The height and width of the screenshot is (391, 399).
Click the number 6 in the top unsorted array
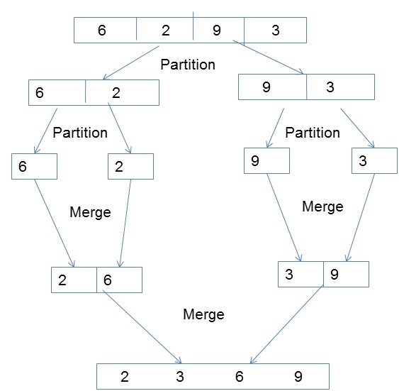tap(101, 30)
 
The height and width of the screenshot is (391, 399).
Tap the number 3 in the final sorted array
tap(180, 376)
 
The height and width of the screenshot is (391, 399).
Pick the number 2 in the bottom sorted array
tap(125, 376)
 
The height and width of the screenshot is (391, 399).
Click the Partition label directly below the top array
tap(187, 65)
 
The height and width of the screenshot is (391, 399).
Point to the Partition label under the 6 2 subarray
tap(80, 133)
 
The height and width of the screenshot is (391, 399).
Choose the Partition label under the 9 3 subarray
tap(312, 133)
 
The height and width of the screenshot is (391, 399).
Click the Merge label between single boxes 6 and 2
tap(91, 212)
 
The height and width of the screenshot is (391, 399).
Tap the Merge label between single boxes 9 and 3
tap(322, 206)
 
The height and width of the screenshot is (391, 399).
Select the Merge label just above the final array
tap(203, 314)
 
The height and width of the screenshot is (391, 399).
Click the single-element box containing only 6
tap(34, 166)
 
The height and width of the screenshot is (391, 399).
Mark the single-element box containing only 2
tap(130, 166)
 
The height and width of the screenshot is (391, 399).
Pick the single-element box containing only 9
tap(266, 160)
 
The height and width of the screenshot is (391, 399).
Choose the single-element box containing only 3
tap(374, 160)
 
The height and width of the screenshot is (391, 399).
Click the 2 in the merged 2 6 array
tap(62, 280)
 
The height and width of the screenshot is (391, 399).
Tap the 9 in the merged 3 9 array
tap(335, 274)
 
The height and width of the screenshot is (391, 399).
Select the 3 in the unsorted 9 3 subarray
tap(330, 87)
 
